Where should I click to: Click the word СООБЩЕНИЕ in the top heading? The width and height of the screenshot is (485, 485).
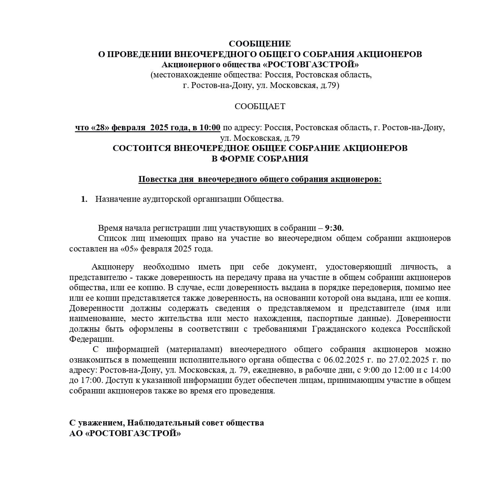[x=260, y=43]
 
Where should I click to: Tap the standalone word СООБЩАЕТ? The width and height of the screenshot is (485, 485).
[x=260, y=106]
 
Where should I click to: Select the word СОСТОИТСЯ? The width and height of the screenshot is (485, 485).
[x=141, y=148]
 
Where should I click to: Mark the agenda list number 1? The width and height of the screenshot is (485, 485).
[x=84, y=199]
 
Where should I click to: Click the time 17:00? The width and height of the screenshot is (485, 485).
[x=91, y=380]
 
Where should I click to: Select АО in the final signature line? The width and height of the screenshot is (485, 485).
[x=76, y=433]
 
